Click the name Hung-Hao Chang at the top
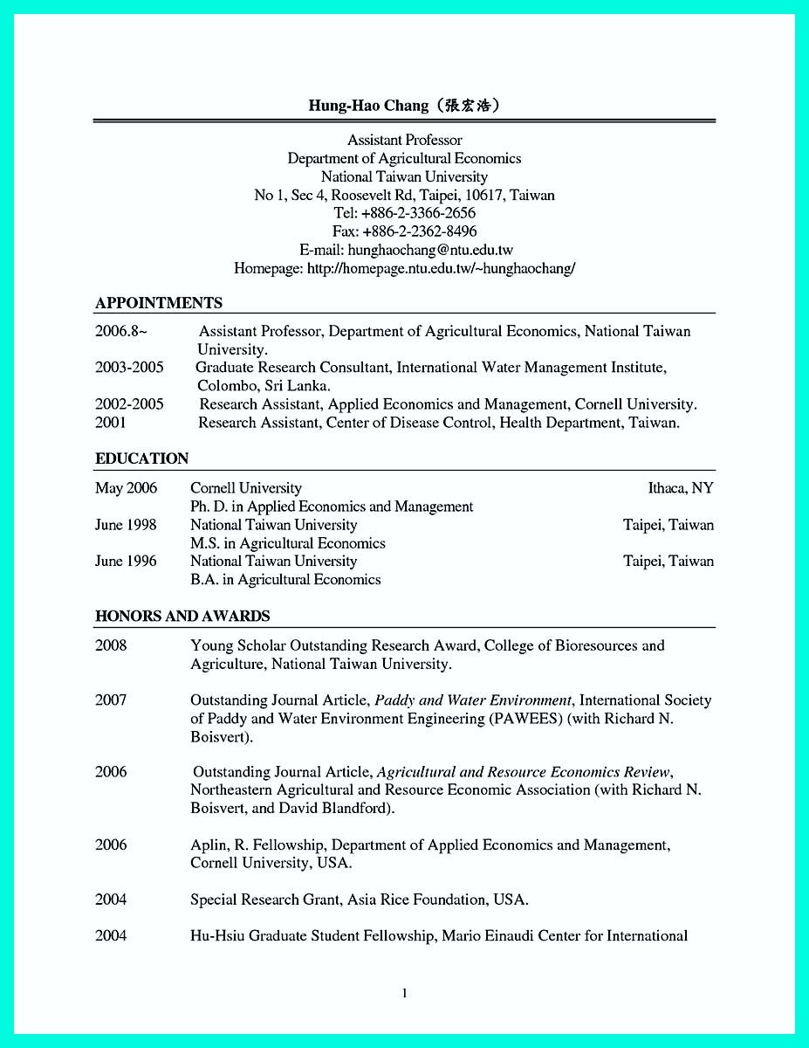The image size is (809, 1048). click(367, 106)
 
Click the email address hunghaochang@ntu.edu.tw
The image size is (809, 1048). click(430, 250)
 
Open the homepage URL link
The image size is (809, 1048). click(441, 268)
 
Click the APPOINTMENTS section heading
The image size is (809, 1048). click(158, 303)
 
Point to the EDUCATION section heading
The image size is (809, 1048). click(141, 458)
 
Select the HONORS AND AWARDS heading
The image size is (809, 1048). click(182, 616)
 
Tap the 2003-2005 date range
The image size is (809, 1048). click(129, 368)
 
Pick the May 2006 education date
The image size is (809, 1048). click(126, 488)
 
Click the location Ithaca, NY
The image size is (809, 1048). click(680, 488)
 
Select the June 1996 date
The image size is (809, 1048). click(126, 562)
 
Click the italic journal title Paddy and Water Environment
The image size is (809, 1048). click(473, 700)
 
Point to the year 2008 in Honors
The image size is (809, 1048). click(111, 645)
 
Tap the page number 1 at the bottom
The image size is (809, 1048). click(404, 993)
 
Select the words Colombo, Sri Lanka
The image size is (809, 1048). click(264, 385)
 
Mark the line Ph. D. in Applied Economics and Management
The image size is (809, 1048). click(332, 507)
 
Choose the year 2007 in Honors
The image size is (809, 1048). click(111, 700)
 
